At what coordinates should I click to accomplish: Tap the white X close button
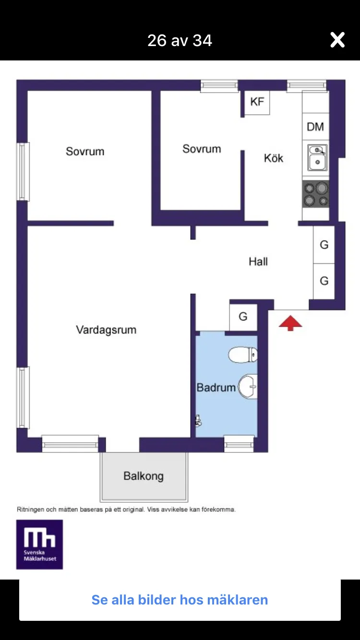point(337,40)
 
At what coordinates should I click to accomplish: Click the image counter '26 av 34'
point(180,40)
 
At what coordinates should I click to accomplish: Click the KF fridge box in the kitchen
point(257,102)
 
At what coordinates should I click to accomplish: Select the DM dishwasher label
point(315,127)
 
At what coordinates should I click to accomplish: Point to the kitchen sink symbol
point(317,158)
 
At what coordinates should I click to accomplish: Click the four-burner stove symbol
point(316,194)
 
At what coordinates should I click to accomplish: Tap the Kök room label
point(274,158)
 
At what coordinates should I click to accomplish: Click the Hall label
point(258,262)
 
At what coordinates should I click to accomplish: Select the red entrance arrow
point(290,323)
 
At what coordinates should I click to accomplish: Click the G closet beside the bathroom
point(243,317)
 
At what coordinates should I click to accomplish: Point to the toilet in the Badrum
point(242,355)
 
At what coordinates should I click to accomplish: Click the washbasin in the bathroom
point(248,387)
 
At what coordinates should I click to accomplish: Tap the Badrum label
point(216,388)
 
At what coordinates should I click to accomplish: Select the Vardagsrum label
point(106,330)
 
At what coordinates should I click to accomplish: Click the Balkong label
point(144,476)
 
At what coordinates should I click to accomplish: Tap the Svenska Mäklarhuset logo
point(40,545)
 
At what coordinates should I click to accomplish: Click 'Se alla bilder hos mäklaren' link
point(180,600)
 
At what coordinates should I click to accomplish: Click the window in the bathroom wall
point(239,444)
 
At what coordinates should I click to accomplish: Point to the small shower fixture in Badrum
point(198,421)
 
